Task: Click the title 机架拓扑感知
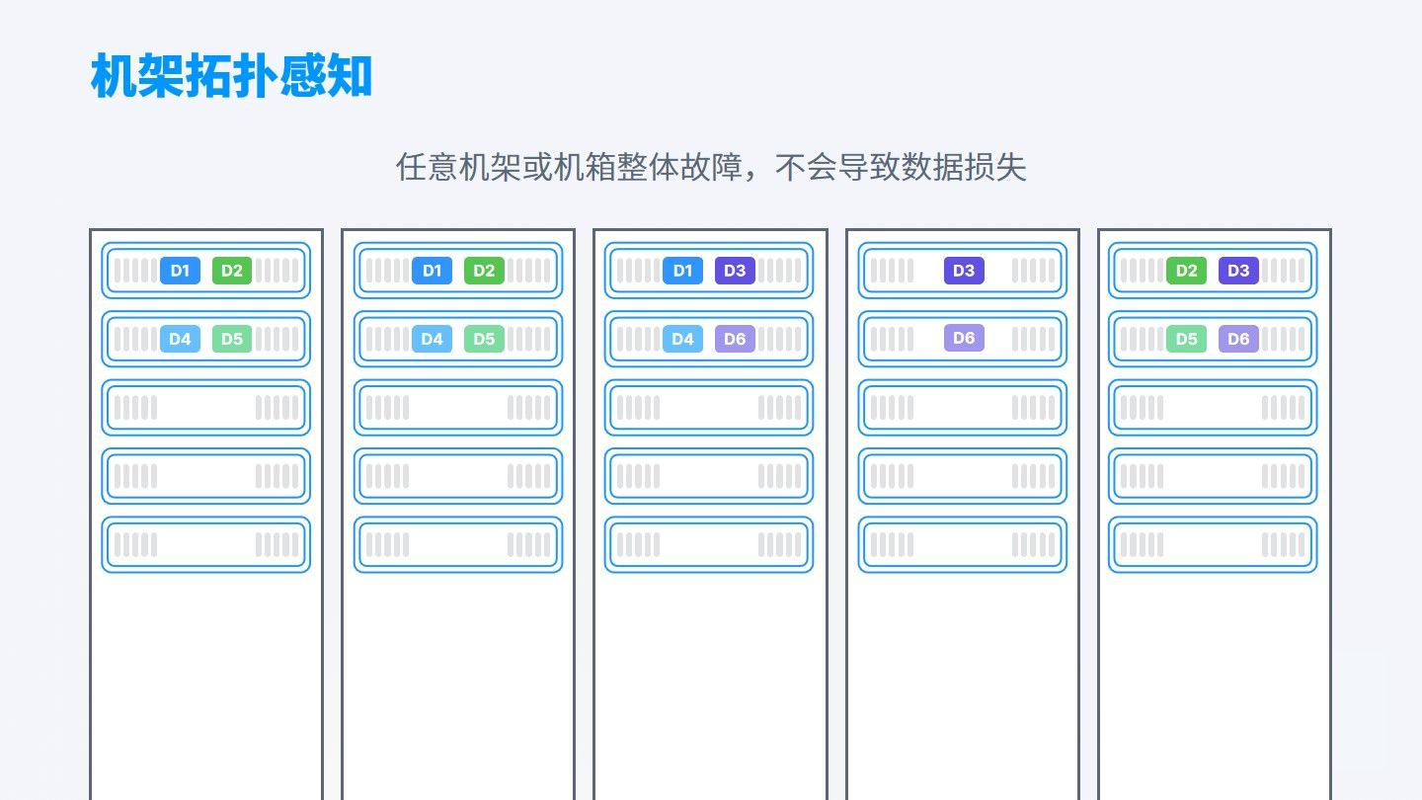coord(231,76)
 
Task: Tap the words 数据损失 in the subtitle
coord(964,168)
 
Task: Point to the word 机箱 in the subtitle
coord(585,168)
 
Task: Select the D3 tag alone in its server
coord(964,271)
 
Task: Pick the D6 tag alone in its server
coord(964,338)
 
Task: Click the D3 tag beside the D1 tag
coord(735,271)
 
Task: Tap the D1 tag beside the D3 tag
coord(682,271)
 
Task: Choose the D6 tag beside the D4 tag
coord(735,339)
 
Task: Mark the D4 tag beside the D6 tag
coord(682,339)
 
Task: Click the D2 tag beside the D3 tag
coord(1186,271)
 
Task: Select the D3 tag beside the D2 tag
coord(1238,271)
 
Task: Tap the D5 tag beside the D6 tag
coord(1186,339)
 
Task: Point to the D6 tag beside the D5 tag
coord(1238,339)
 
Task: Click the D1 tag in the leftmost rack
coord(180,271)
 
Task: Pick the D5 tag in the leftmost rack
coord(232,339)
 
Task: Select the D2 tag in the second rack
coord(484,271)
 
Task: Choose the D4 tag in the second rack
coord(432,339)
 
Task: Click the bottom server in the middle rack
coord(708,544)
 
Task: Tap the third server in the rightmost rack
coord(1213,407)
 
